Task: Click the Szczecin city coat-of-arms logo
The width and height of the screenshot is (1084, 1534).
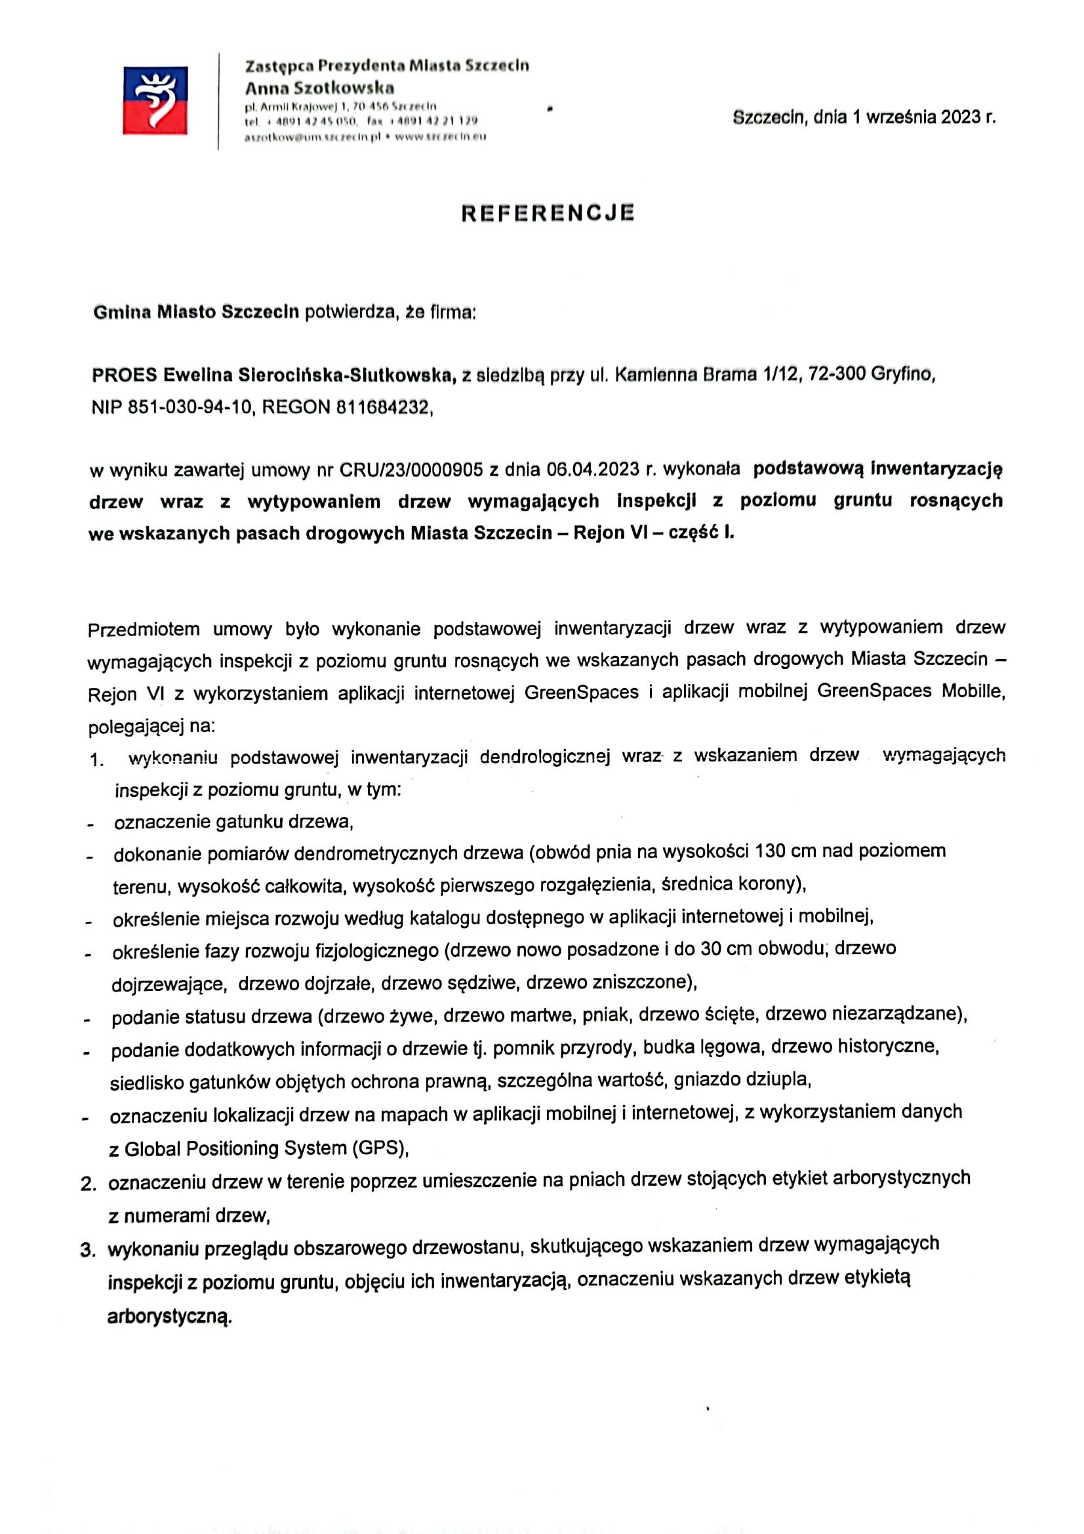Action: [x=154, y=100]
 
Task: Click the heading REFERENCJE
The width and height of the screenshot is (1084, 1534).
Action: [x=548, y=212]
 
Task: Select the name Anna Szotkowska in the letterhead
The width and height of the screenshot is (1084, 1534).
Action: [x=319, y=87]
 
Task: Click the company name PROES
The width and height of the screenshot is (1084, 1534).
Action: [x=124, y=376]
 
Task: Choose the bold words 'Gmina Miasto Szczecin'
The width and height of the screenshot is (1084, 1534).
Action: [x=195, y=313]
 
